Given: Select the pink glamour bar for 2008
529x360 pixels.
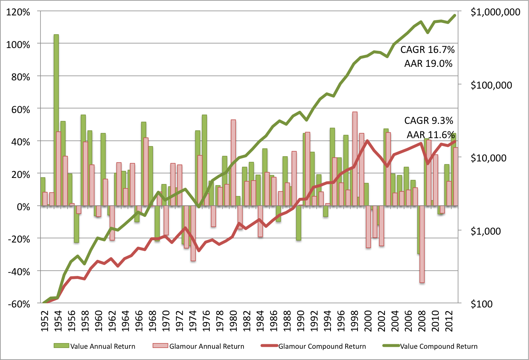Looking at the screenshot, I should pos(422,244).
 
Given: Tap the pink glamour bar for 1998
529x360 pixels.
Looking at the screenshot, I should pos(355,158).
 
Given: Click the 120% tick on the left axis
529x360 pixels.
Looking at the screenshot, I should pos(18,12).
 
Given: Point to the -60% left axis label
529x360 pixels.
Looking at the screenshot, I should pos(19,304).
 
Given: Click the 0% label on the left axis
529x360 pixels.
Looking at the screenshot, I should pos(23,207).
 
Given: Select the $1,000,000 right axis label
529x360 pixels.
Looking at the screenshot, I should pos(495,12).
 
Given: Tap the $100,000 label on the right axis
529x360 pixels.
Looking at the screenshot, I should pos(491,85).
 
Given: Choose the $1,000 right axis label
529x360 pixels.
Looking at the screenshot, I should pos(485,231).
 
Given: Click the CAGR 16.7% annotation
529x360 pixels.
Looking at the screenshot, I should pos(427,50).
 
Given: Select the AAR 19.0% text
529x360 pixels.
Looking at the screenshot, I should pos(428,63).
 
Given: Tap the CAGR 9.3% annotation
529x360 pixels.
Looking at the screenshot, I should pos(428,121).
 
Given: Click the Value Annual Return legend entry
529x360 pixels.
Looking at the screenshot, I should pos(95,346).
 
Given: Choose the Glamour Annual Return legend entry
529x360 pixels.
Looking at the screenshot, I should pos(198,346).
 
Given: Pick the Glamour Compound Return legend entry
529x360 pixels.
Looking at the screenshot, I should pos(314,346).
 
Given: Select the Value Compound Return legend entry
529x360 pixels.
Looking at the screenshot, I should pos(430,346).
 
